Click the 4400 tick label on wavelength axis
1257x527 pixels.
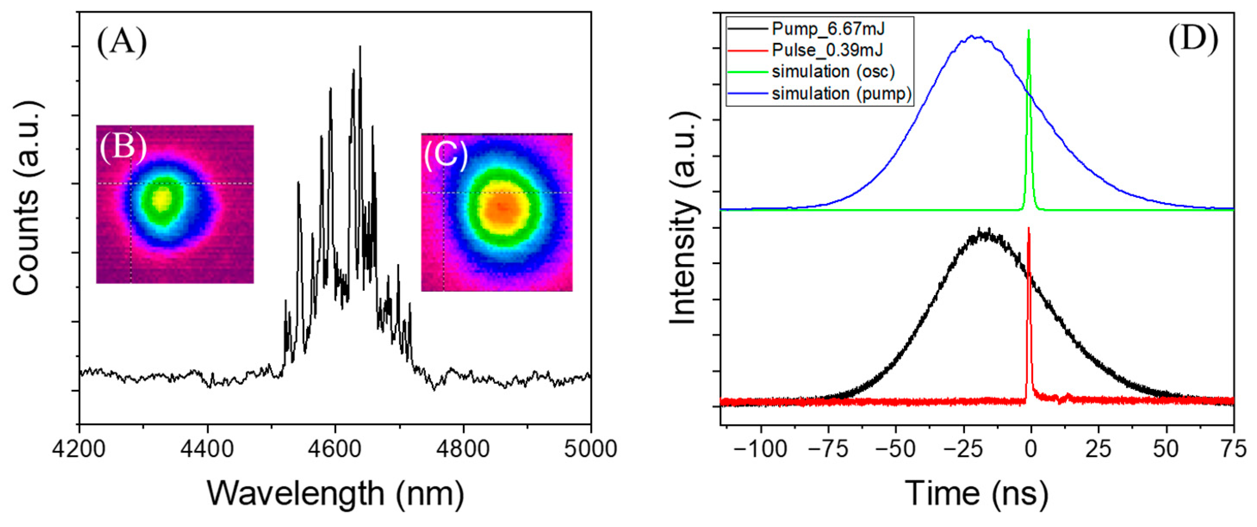point(208,449)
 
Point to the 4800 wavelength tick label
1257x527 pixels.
point(463,449)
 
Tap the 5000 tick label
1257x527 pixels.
point(590,449)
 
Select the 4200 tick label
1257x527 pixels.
point(80,449)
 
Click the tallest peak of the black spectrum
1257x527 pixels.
point(360,47)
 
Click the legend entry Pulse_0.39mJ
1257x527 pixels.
point(827,50)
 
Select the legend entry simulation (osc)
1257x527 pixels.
point(833,72)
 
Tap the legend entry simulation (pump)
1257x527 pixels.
point(841,93)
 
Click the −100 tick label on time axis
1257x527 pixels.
point(760,449)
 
